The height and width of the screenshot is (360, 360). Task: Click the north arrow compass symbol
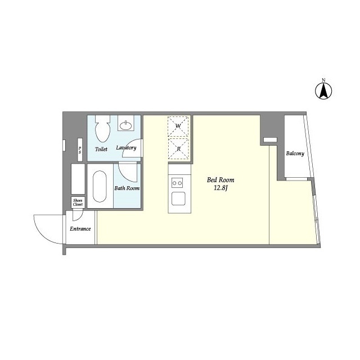(x=323, y=91)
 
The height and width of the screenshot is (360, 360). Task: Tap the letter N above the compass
(x=323, y=80)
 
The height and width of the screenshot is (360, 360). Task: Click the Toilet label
(x=101, y=149)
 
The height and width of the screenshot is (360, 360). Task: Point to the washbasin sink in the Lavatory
(x=126, y=125)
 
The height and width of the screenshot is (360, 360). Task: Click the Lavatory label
(x=126, y=147)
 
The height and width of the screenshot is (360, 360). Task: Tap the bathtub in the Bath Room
(x=100, y=186)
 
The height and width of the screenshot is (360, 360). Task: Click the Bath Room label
(x=127, y=188)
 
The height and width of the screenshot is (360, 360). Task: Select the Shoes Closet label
(x=78, y=202)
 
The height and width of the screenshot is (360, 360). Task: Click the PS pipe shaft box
(x=80, y=150)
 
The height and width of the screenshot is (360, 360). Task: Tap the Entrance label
(x=80, y=229)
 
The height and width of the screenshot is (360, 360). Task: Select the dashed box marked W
(x=178, y=126)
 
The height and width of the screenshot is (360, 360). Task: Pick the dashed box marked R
(x=178, y=148)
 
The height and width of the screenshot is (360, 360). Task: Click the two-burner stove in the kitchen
(x=177, y=183)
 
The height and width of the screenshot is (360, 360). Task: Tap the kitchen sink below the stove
(x=178, y=199)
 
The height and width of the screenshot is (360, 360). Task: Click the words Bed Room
(x=220, y=180)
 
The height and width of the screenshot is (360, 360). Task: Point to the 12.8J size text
(x=220, y=188)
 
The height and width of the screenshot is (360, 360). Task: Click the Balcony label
(x=295, y=154)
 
